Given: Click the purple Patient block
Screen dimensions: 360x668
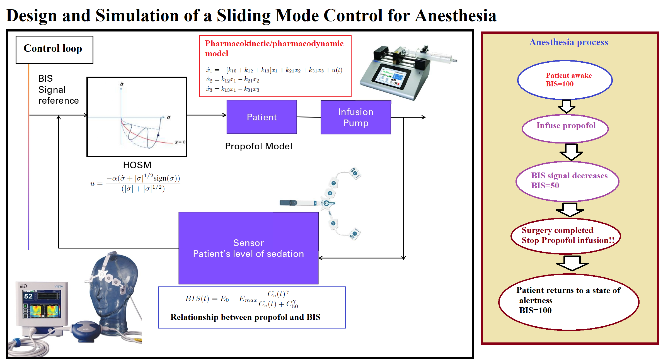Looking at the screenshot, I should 262,117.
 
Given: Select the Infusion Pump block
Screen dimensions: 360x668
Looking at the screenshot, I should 355,117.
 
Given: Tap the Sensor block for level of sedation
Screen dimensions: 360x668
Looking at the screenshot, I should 248,248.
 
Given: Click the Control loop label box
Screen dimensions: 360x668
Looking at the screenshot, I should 54,49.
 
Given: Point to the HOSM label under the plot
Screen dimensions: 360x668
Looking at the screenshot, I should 137,165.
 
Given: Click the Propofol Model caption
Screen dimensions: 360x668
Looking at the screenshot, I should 258,146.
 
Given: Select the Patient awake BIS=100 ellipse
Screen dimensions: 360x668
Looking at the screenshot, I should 565,80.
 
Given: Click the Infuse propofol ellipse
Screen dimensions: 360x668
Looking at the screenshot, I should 565,128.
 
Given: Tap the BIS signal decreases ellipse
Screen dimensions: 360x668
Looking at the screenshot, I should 567,181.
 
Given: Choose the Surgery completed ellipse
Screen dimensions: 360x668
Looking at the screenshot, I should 566,236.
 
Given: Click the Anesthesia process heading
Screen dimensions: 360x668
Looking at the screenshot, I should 569,42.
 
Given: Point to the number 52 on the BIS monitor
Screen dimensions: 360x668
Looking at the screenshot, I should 28,296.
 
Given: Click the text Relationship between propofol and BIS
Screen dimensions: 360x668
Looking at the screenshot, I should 245,317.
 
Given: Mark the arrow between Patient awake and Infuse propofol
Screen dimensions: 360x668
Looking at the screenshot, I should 566,106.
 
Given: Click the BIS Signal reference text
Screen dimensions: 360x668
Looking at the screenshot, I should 58,89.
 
